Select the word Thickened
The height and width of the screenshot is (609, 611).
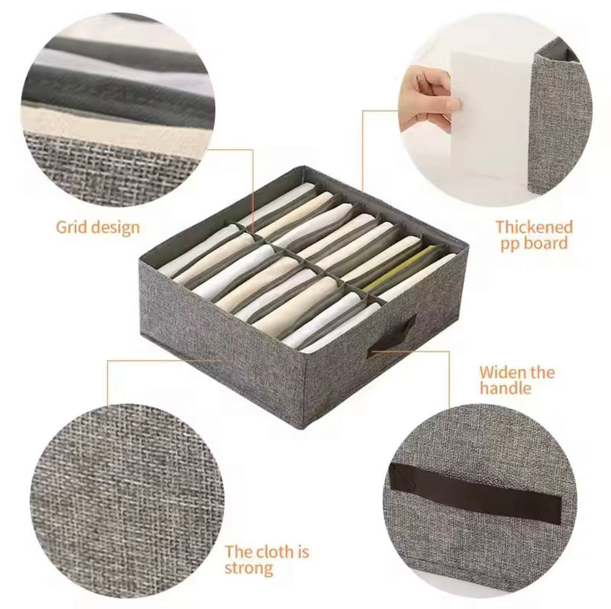pyautogui.click(x=534, y=227)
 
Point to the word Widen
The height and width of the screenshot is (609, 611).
pyautogui.click(x=501, y=372)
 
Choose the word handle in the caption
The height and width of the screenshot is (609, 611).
pyautogui.click(x=505, y=388)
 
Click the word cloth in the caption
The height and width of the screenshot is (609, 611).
pyautogui.click(x=276, y=552)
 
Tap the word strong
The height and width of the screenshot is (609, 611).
pyautogui.click(x=249, y=569)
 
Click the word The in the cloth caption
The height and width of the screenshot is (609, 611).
pyautogui.click(x=237, y=552)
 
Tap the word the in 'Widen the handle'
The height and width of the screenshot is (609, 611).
pyautogui.click(x=540, y=372)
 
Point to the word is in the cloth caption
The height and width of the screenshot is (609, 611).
pyautogui.click(x=304, y=552)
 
